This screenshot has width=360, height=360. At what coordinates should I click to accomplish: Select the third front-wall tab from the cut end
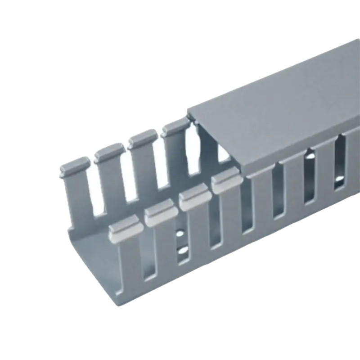click(x=195, y=198)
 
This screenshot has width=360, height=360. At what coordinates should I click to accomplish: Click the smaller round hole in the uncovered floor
click(x=180, y=234)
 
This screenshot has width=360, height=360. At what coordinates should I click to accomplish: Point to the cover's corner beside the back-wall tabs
click(x=188, y=111)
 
